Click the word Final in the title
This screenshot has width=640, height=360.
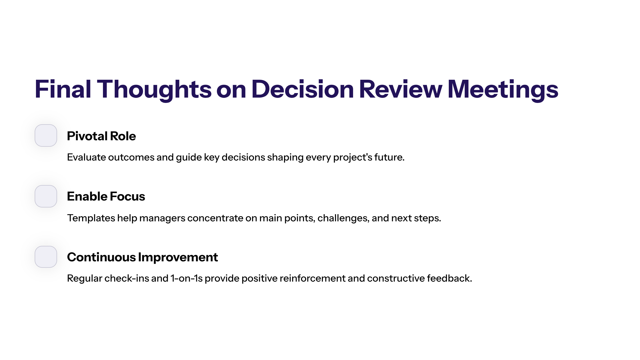63,89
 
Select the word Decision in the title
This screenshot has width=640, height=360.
303,89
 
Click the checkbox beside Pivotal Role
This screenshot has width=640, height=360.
46,135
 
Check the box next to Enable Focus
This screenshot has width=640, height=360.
46,196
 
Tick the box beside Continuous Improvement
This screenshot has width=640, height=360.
46,257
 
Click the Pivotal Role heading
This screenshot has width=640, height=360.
101,136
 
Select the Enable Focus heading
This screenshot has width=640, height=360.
106,196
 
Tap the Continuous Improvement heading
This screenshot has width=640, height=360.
142,257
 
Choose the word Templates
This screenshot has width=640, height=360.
91,218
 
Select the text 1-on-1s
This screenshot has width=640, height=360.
187,278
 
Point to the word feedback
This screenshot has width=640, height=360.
450,278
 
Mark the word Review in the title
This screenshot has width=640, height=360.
401,89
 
